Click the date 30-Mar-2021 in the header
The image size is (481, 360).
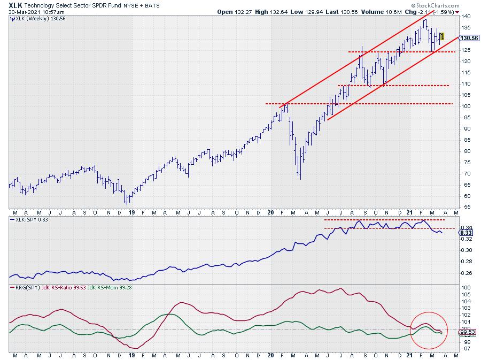pos(26,11)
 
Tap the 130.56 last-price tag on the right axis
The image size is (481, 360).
pos(468,39)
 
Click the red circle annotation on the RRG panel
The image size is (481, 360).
pos(427,330)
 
